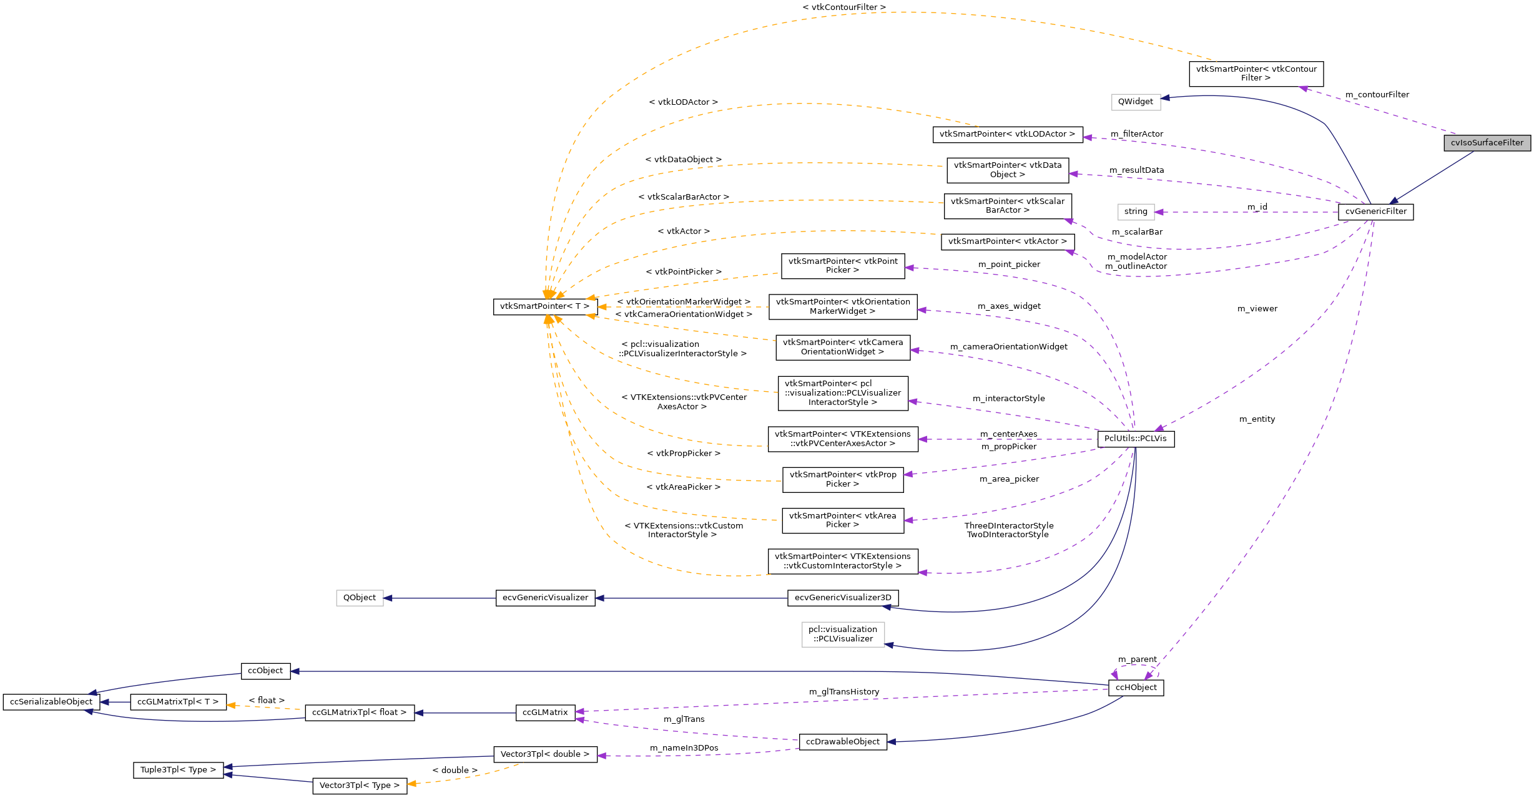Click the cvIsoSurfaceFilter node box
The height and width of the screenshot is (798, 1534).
click(x=1487, y=143)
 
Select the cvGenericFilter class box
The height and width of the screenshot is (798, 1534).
click(x=1375, y=212)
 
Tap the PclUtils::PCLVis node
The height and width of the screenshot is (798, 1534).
click(x=1135, y=439)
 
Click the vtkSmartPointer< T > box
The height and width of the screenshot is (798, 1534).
click(x=544, y=306)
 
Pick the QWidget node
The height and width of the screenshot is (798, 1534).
click(x=1135, y=102)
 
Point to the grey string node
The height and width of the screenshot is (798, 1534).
click(x=1135, y=212)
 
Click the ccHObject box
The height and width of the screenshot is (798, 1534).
click(x=1136, y=688)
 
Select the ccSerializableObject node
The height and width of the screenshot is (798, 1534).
click(x=51, y=702)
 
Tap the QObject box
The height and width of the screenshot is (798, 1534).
click(x=360, y=598)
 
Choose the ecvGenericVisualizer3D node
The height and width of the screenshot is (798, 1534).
click(x=843, y=598)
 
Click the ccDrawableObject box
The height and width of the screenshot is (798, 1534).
click(x=842, y=742)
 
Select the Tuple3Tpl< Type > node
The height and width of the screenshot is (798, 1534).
click(x=178, y=770)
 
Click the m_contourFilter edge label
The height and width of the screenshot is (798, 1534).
click(x=1377, y=95)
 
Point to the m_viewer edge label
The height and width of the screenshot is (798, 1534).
click(x=1257, y=309)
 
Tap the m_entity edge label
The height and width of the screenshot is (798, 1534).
click(x=1257, y=419)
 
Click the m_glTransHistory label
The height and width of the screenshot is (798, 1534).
click(x=843, y=692)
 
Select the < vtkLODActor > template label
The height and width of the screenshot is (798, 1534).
click(x=683, y=102)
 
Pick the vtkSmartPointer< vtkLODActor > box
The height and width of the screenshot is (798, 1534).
click(x=1007, y=134)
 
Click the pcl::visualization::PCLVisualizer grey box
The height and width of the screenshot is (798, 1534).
click(x=842, y=634)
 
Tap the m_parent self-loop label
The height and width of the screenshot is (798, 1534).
click(x=1137, y=659)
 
